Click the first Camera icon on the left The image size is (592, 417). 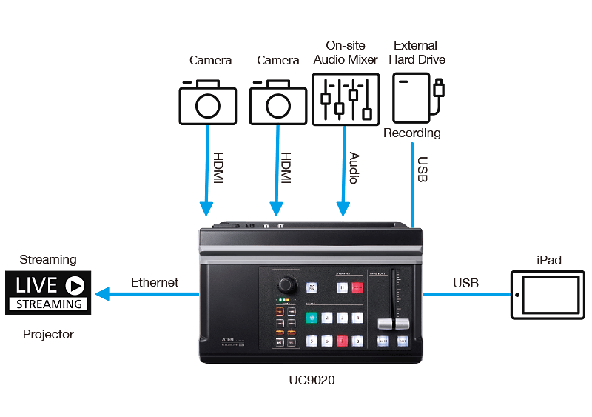coord(207,104)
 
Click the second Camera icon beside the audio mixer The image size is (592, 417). coord(278,104)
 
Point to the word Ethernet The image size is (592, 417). coord(155,282)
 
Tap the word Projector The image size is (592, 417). coord(48,334)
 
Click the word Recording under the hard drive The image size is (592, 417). coord(411,133)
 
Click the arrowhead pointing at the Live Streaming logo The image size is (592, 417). coord(102,294)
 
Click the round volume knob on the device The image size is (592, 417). coord(286,285)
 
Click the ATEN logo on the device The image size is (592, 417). coord(229,336)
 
